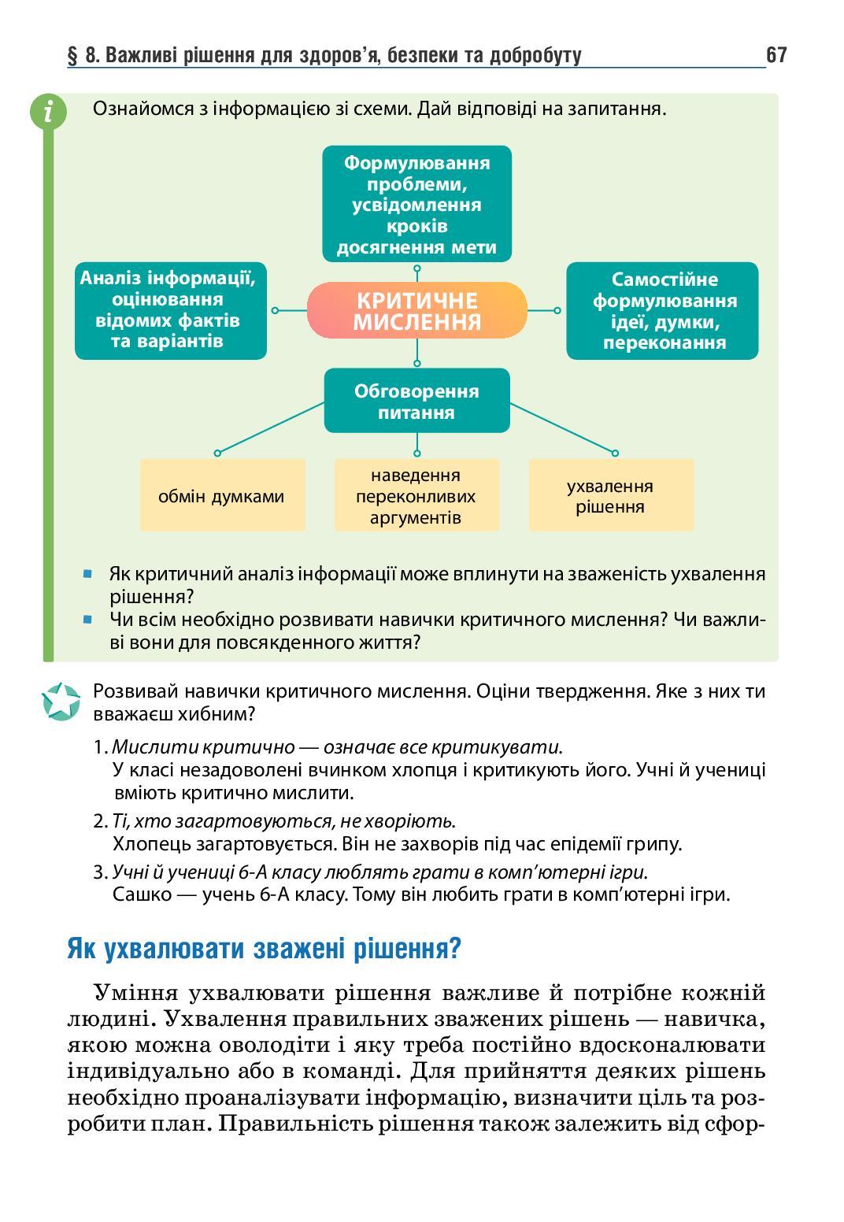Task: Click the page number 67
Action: coord(776,55)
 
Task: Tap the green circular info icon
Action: coord(48,111)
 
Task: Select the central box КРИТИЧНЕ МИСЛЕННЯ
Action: coord(416,311)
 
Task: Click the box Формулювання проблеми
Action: coord(416,205)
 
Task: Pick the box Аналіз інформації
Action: coord(171,310)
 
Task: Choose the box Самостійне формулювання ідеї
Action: coord(663,310)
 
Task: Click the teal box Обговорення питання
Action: coord(416,402)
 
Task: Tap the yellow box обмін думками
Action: coord(222,496)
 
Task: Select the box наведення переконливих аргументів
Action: coord(416,496)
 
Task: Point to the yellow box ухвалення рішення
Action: coord(611,496)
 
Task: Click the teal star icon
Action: coord(61,702)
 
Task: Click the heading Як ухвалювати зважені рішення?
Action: coord(264,948)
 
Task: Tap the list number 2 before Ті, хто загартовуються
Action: coord(98,822)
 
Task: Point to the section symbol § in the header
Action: coord(73,56)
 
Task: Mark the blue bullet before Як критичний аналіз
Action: coord(88,574)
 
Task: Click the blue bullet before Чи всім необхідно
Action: coord(88,620)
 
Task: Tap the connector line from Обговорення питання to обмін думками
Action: coord(272,428)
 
